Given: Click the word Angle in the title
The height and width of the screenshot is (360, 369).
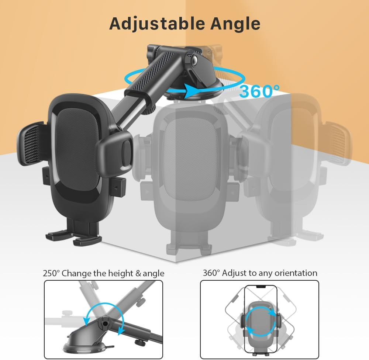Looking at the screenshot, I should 235,23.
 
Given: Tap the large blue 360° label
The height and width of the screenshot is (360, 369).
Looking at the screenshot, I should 259,92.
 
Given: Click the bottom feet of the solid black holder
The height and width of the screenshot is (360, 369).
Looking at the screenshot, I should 74,236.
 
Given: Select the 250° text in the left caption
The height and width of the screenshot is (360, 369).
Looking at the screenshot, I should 51,273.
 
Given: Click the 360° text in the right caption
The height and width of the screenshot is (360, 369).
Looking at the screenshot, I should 211,273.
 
